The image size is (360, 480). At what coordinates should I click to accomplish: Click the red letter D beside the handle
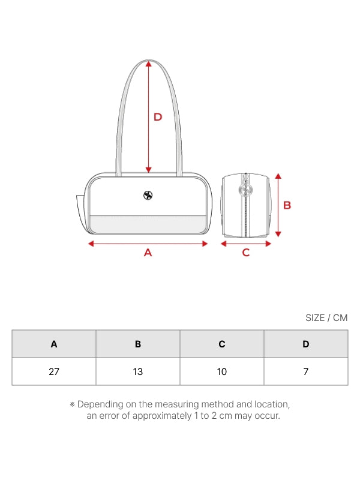[x=158, y=117]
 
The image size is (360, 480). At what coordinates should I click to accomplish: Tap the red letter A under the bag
[x=148, y=253]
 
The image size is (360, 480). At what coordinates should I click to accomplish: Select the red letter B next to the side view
[x=287, y=205]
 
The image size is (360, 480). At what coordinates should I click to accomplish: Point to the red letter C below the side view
[x=246, y=253]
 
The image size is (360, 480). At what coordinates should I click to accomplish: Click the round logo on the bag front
[x=148, y=195]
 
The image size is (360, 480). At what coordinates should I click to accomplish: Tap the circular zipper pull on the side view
[x=245, y=190]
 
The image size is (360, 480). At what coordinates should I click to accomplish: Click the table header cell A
[x=54, y=344]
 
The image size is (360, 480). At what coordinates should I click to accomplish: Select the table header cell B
[x=138, y=344]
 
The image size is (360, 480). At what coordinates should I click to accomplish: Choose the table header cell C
[x=222, y=344]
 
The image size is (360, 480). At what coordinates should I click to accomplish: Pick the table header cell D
[x=306, y=344]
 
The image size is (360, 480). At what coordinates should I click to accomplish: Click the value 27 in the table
[x=54, y=371]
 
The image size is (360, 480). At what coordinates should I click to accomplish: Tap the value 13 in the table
[x=138, y=371]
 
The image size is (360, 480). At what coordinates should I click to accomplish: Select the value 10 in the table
[x=222, y=371]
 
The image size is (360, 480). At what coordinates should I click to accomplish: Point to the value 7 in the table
[x=306, y=371]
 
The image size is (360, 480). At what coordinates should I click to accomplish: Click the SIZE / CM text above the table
[x=326, y=318]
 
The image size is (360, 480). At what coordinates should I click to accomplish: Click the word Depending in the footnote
[x=100, y=404]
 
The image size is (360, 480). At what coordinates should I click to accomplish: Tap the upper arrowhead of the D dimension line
[x=149, y=64]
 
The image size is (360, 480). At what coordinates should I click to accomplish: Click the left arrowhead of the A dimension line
[x=91, y=244]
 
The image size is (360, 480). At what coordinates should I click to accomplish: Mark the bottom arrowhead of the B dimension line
[x=278, y=234]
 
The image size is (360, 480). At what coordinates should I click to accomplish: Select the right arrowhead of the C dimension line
[x=268, y=244]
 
